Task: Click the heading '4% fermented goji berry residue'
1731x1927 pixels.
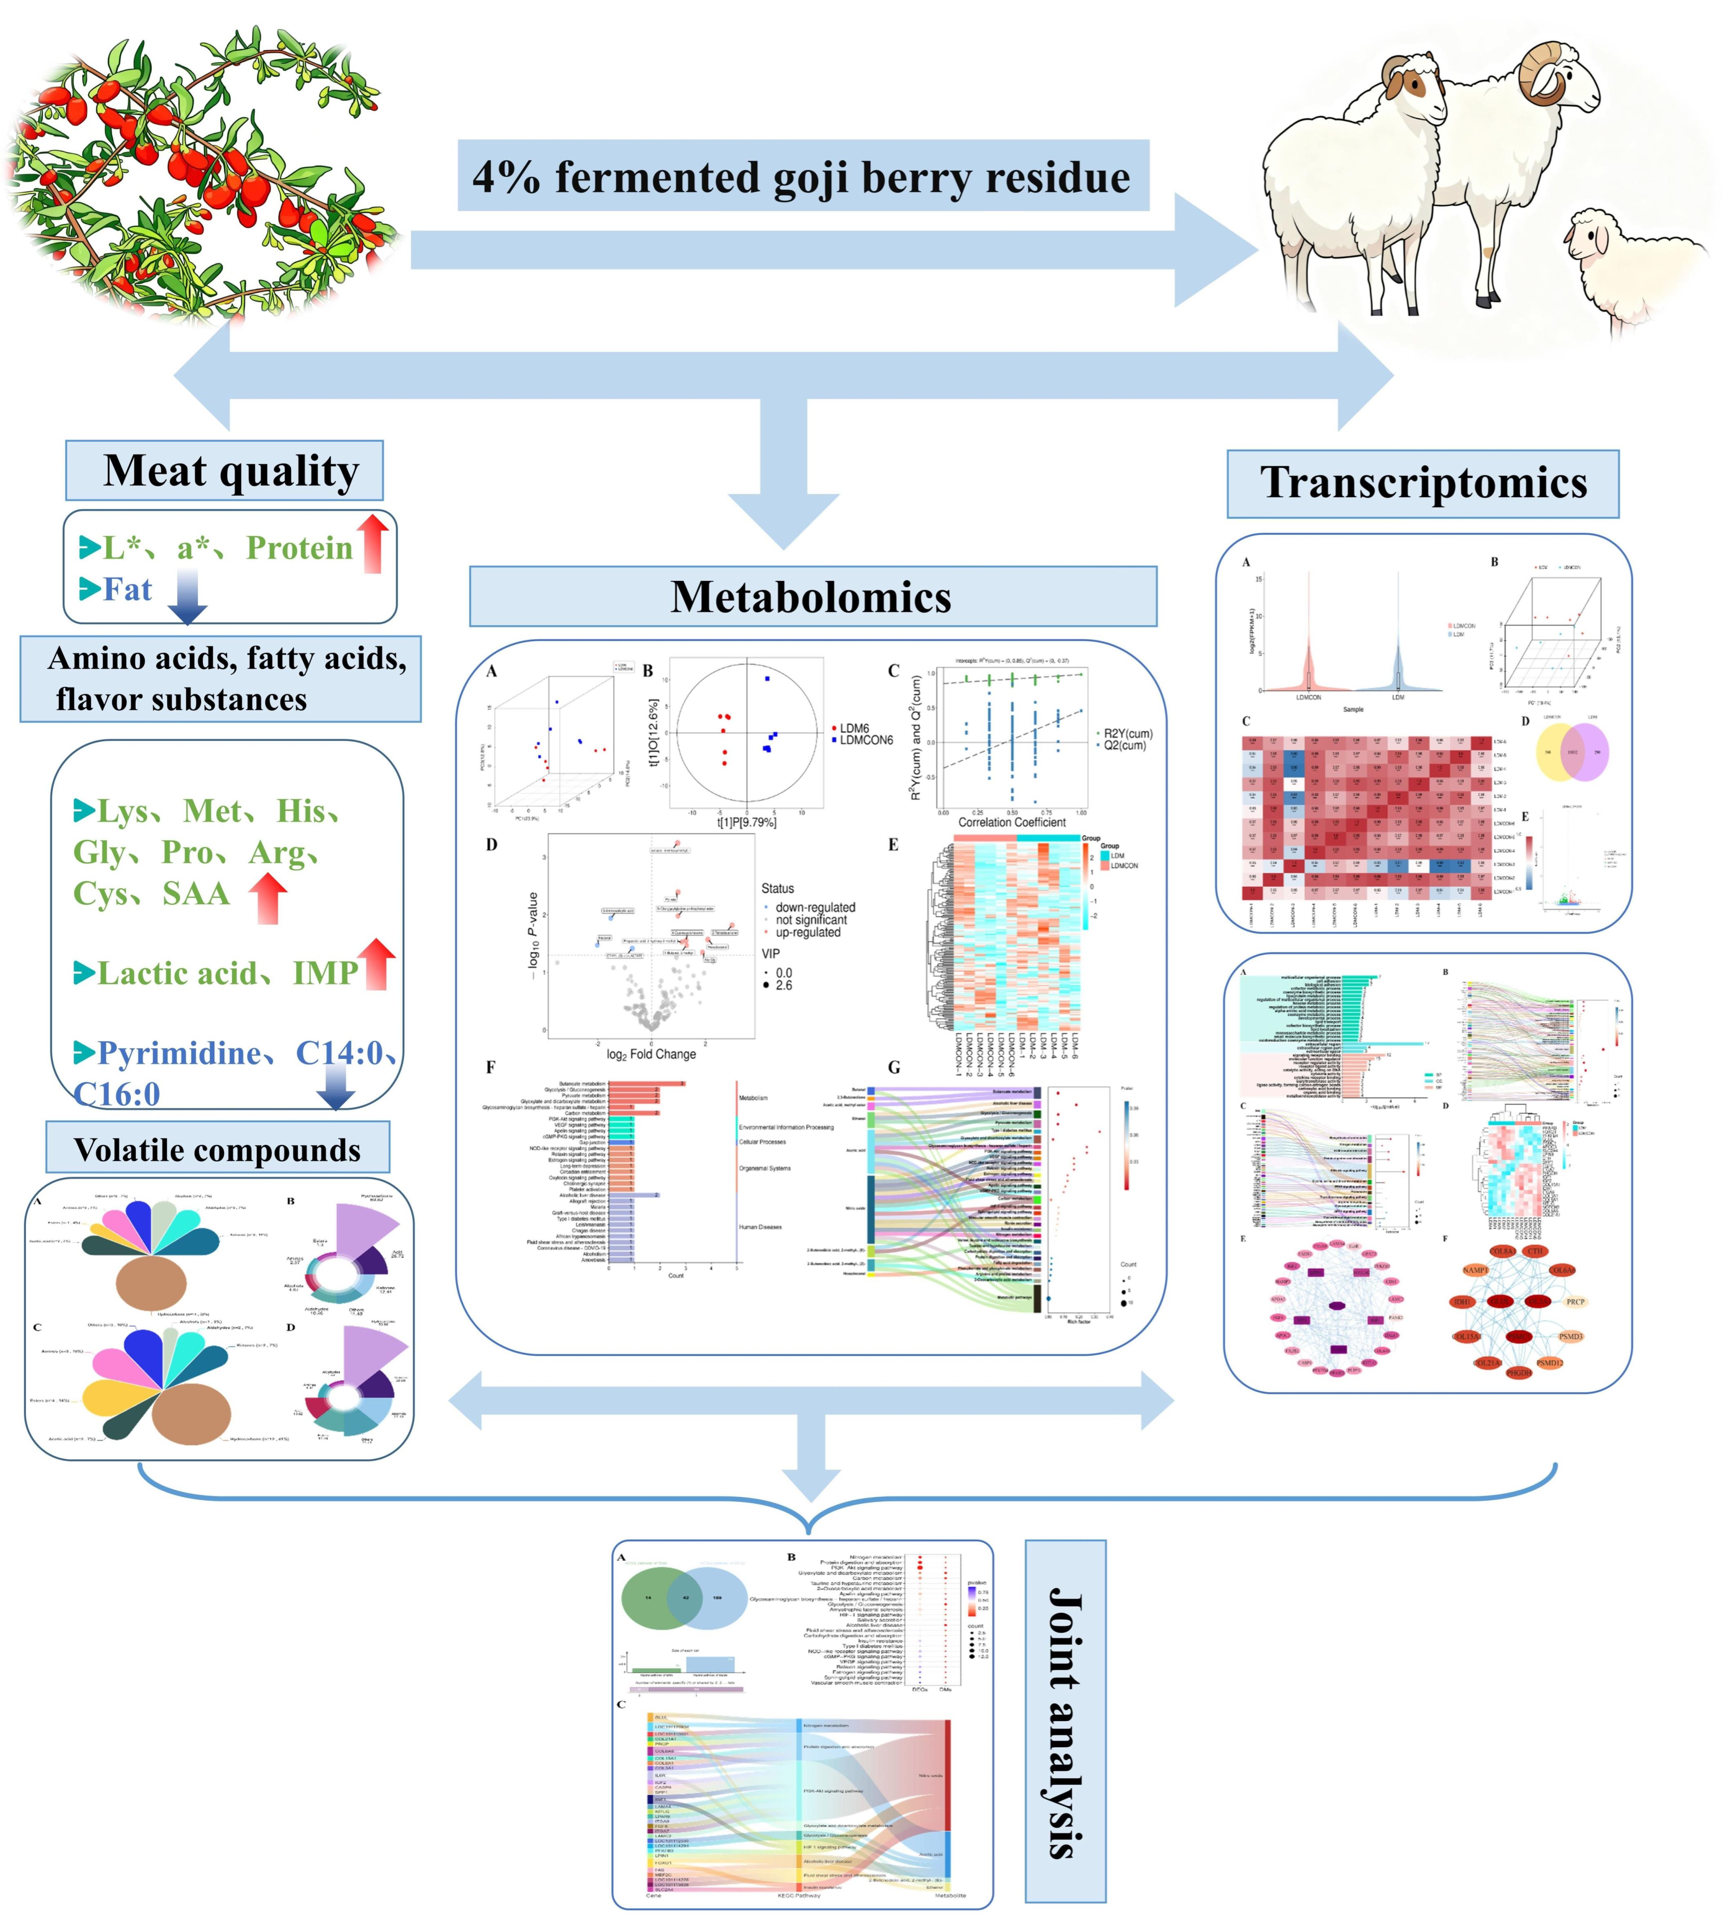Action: click(x=802, y=177)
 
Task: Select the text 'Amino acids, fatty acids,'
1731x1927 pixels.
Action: click(x=227, y=658)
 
